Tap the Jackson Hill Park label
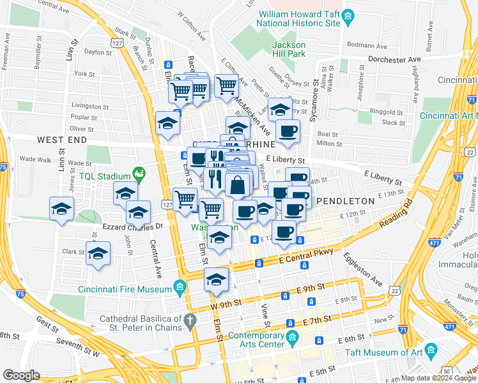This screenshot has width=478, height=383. tap(289, 50)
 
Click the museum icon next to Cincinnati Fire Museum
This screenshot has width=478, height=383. tap(180, 289)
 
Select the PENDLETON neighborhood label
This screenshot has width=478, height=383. tap(345, 201)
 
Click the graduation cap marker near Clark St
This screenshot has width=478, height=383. tap(98, 253)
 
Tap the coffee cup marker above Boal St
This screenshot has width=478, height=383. tap(288, 131)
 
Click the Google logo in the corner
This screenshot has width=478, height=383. tap(21, 375)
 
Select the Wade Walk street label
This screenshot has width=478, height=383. tap(31, 158)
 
